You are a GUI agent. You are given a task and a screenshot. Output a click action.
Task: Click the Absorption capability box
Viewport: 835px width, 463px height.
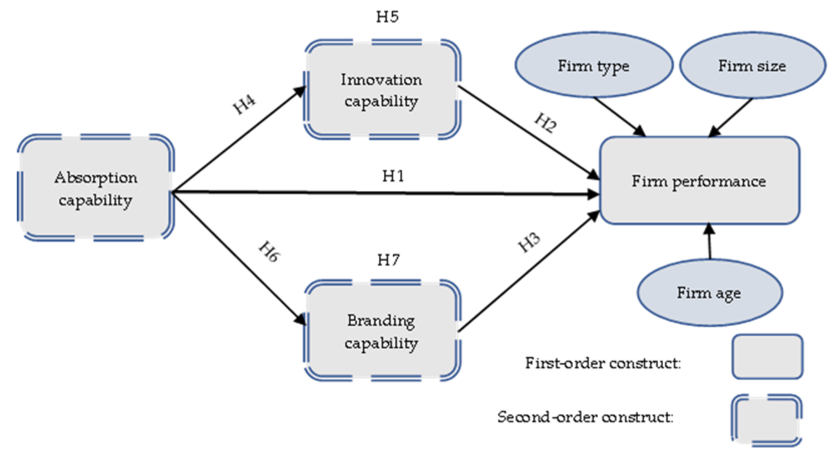(x=96, y=188)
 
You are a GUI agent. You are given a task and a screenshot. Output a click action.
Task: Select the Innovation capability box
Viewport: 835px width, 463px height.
(x=382, y=90)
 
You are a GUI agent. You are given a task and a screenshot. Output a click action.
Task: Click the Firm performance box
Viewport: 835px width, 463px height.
(x=699, y=181)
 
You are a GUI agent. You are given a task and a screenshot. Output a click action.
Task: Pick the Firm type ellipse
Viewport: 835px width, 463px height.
(x=594, y=65)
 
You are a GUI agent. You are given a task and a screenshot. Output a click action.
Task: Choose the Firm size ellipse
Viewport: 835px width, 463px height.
(x=752, y=65)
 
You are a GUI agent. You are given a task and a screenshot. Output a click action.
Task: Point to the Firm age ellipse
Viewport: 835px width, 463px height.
(x=709, y=292)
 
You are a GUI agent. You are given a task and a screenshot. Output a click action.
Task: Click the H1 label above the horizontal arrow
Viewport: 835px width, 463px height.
(x=393, y=176)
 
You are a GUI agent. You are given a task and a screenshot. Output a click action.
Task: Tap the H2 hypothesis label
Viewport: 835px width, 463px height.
(x=545, y=123)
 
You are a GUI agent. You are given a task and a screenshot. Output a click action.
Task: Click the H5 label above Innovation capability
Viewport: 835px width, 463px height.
(x=387, y=17)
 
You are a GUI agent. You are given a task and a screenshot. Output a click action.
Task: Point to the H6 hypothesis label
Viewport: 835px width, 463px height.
(x=269, y=251)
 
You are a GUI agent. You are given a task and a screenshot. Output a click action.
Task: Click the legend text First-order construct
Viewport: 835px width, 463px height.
(x=603, y=363)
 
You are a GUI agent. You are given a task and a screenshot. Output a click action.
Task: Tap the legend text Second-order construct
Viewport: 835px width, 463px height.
(x=585, y=417)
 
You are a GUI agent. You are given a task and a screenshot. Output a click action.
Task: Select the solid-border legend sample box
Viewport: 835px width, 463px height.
(x=767, y=357)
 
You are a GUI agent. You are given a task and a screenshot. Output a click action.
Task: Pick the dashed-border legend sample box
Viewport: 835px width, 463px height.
(x=766, y=420)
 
